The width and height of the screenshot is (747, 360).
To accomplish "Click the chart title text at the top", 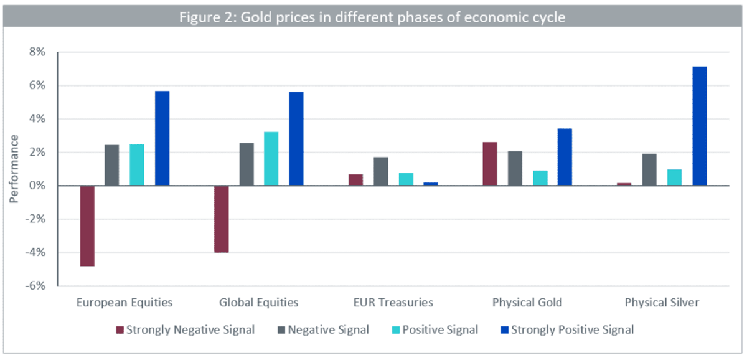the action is point(372,17).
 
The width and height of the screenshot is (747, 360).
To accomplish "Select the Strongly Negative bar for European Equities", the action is point(87,226).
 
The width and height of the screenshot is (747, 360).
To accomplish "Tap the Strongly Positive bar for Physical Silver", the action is point(700,126).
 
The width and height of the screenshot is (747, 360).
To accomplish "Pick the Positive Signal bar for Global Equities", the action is point(271,159).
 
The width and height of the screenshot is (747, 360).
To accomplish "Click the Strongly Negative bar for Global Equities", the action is point(222,219).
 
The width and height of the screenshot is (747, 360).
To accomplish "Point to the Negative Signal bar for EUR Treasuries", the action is point(381,171).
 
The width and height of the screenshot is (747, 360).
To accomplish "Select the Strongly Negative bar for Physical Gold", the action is point(490,164).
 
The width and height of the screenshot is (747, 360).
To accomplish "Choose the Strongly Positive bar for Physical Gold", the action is point(565,157).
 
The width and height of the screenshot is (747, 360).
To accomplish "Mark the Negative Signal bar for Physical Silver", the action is point(649,170).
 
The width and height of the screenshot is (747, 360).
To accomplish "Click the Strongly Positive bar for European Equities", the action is point(162,138).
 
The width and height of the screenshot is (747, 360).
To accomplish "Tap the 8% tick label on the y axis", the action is point(37,52).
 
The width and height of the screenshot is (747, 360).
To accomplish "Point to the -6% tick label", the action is point(35,286).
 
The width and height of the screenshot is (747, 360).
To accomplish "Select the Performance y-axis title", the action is point(14,169).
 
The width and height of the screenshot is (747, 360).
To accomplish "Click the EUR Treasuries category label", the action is point(393,302).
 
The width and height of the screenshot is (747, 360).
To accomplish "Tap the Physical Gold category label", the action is point(527,302).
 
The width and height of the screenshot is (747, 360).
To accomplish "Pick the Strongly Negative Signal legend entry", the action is point(185,330).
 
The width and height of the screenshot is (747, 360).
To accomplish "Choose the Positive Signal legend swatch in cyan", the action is point(395,330).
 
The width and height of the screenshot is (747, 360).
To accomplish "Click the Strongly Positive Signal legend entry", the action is point(567,330).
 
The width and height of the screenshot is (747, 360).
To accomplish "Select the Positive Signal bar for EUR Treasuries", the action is point(406,179).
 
